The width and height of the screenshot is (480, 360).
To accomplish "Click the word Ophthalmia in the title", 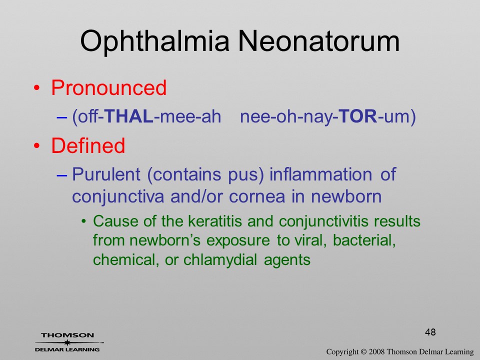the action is (x=154, y=42).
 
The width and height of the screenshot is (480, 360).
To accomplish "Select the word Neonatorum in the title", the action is (x=319, y=41).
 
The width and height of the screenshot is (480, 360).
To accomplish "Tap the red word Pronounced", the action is (x=108, y=87).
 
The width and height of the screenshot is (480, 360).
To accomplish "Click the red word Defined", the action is (x=88, y=145).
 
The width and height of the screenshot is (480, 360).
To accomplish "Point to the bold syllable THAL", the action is (x=128, y=116).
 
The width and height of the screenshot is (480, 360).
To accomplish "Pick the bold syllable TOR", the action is (x=358, y=116).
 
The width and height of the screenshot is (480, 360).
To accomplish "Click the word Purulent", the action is (x=106, y=174).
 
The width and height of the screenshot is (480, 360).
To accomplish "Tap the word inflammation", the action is (x=321, y=174).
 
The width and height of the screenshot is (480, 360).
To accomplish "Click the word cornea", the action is (x=257, y=197).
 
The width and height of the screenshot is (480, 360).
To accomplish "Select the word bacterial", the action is (x=364, y=240).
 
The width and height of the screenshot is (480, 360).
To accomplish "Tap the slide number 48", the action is (x=430, y=332).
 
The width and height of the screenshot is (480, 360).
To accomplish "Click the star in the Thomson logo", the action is (x=67, y=342).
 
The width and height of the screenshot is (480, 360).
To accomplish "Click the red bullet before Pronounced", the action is (x=36, y=88).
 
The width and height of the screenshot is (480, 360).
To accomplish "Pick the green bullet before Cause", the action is (x=84, y=221).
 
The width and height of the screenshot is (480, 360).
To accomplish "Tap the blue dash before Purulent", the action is (x=62, y=175).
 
